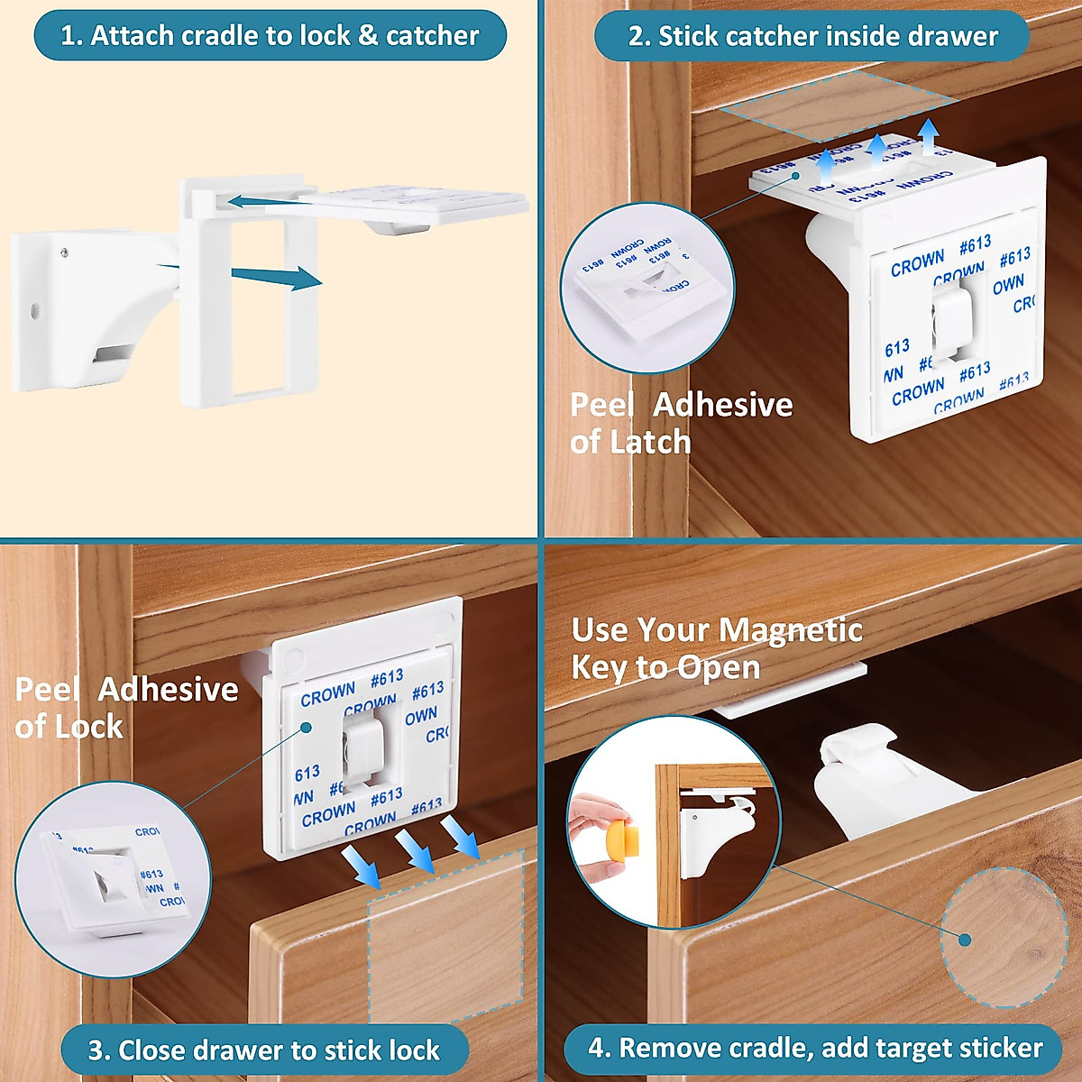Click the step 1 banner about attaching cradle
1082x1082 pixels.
270,36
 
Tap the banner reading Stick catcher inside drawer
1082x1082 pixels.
811,37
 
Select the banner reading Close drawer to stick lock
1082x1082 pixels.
264,1050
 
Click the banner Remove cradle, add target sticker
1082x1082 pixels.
814,1049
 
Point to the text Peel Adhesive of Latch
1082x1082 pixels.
681,424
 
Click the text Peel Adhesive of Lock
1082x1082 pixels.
126,708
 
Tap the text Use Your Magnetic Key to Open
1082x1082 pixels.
716,648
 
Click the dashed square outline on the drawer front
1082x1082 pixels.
446,938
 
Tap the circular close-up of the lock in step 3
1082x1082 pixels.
113,879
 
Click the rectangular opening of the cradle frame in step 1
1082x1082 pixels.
260,307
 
